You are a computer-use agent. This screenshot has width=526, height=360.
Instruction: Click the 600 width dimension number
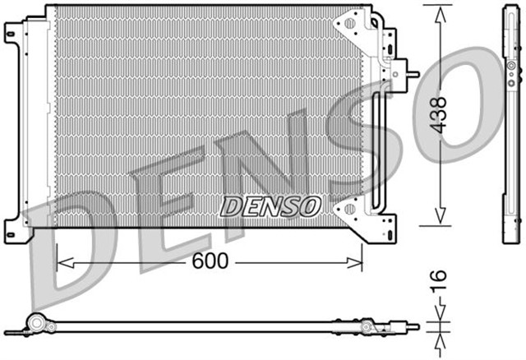click(212, 261)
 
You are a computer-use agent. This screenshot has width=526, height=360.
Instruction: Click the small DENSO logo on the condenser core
click(270, 205)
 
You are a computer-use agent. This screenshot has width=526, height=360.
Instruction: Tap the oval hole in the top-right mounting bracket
click(349, 24)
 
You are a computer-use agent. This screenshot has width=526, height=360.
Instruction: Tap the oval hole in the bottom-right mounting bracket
click(350, 210)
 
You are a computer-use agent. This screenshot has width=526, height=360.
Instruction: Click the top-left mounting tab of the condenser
click(14, 33)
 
